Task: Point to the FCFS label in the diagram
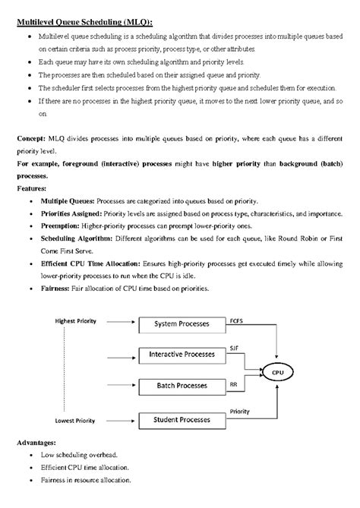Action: point(237,320)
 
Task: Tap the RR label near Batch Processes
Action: point(233,385)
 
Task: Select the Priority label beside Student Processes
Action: point(239,412)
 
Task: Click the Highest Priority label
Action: point(77,321)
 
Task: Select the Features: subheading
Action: point(31,187)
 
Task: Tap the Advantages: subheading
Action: point(38,442)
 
